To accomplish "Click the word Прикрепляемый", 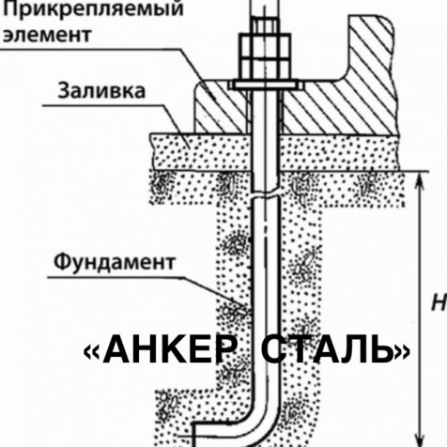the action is pyautogui.click(x=93, y=8).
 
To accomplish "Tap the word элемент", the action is pyautogui.click(x=47, y=35).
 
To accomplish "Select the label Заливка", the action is pyautogui.click(x=101, y=91).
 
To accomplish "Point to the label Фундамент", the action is pyautogui.click(x=115, y=262).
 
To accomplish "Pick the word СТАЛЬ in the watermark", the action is pyautogui.click(x=328, y=349).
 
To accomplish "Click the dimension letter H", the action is pyautogui.click(x=439, y=302).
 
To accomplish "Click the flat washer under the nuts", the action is pyautogui.click(x=266, y=85).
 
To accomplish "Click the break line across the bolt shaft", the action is pyautogui.click(x=265, y=193).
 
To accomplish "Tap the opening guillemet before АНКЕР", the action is pyautogui.click(x=92, y=352).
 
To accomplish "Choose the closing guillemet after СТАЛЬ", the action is pyautogui.click(x=403, y=352).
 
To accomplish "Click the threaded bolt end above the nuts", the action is pyautogui.click(x=264, y=8).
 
